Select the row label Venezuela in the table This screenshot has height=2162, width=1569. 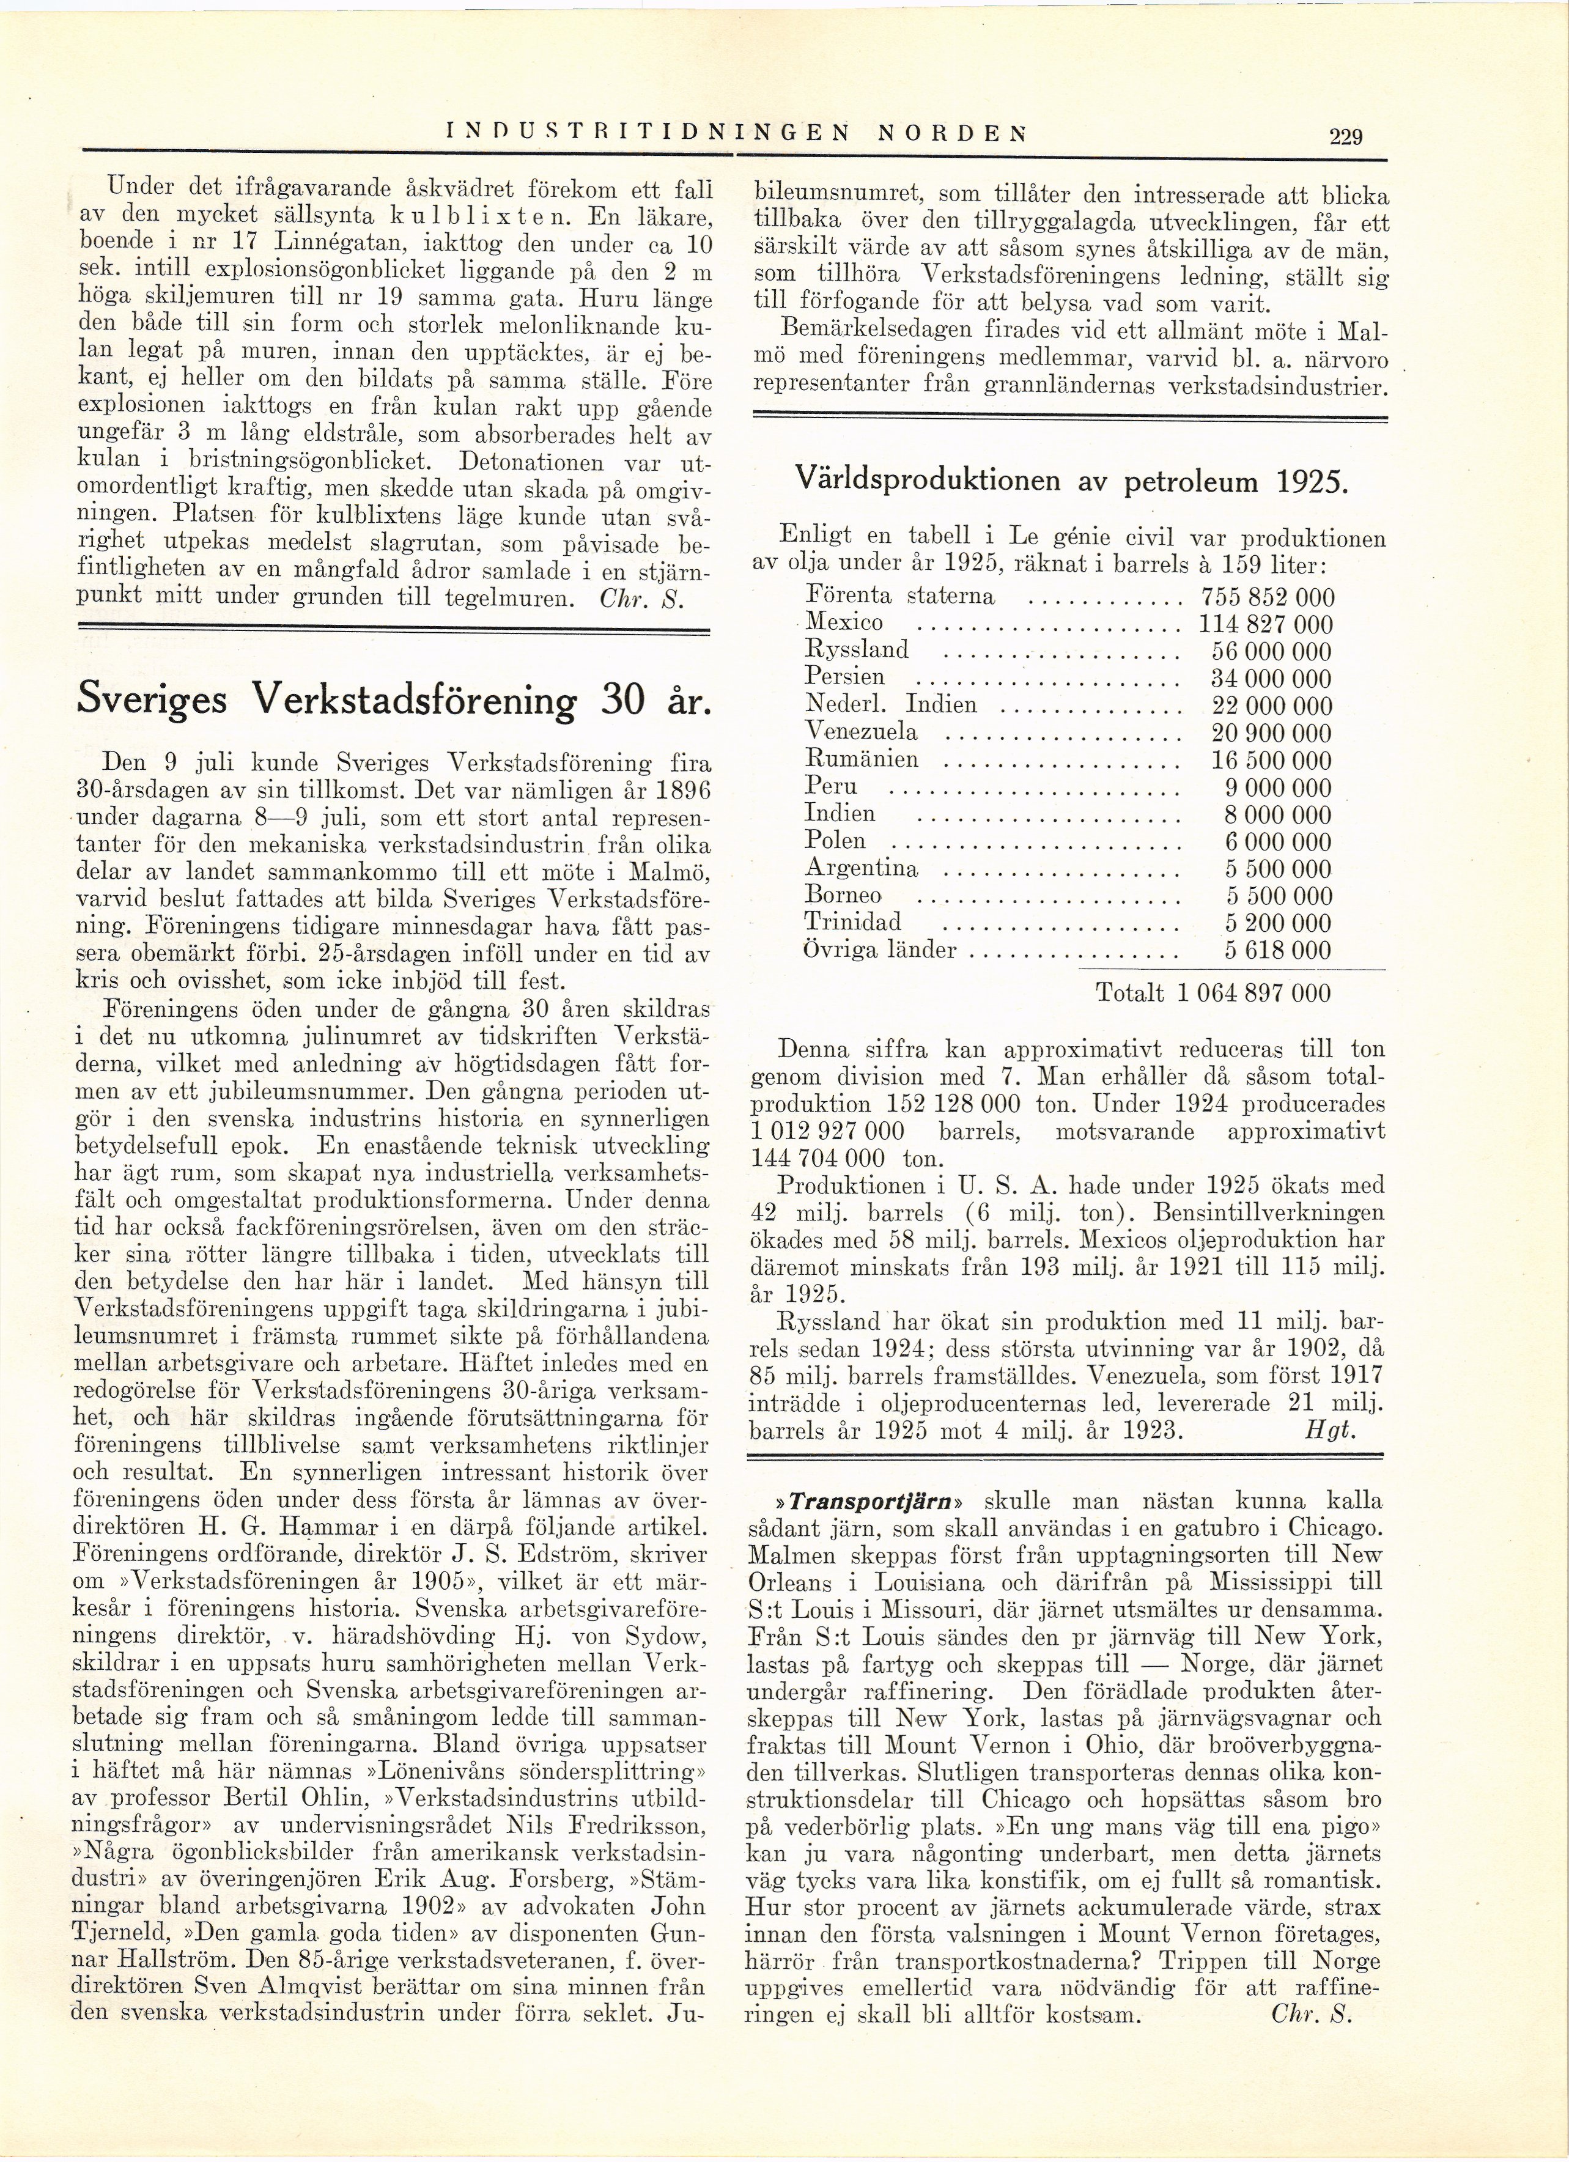pyautogui.click(x=862, y=732)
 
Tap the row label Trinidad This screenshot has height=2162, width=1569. pyautogui.click(x=853, y=923)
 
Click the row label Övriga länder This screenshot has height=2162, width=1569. pyautogui.click(x=880, y=950)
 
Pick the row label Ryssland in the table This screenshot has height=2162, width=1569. pyautogui.click(x=857, y=650)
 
